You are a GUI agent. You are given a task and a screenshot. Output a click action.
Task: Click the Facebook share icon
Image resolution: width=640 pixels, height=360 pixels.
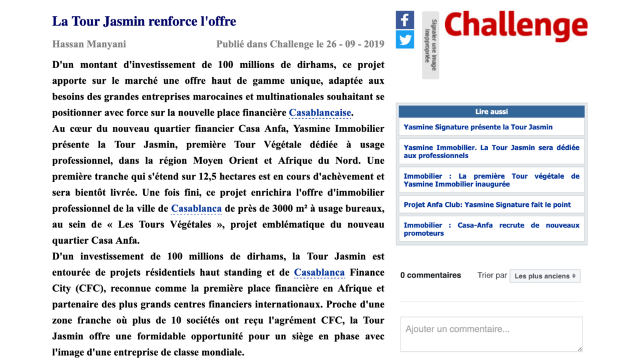(x=405, y=20)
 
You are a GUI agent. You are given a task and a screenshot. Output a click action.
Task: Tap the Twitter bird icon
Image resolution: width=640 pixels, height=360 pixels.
(x=405, y=39)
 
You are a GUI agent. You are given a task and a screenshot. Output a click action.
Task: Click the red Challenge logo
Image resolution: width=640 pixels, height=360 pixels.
(x=516, y=26)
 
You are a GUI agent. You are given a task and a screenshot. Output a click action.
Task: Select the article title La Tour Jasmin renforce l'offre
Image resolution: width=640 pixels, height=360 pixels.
(x=144, y=21)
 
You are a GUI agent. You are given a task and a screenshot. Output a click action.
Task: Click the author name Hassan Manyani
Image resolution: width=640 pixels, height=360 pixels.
(x=89, y=44)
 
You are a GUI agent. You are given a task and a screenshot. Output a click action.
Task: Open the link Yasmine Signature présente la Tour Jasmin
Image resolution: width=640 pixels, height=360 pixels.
(x=478, y=127)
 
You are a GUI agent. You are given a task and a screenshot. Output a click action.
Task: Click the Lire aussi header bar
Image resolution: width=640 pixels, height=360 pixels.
(x=491, y=111)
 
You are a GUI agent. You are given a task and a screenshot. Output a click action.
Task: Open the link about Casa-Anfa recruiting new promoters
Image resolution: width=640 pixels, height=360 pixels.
(x=491, y=229)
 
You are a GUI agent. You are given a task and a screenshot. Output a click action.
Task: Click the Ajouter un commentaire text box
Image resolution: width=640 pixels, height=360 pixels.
(x=491, y=334)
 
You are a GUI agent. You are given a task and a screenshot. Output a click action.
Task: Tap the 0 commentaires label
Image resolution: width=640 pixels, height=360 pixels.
(x=431, y=275)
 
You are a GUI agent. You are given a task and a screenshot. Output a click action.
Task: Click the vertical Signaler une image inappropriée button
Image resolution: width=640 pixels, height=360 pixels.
(x=430, y=45)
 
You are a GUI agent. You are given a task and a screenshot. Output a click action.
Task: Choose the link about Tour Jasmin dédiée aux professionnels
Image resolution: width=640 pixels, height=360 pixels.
(x=491, y=151)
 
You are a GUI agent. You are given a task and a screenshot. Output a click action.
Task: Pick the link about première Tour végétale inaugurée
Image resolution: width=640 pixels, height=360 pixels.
(x=491, y=180)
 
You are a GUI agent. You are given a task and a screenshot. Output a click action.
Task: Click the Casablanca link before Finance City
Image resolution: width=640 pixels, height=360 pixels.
(x=319, y=272)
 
